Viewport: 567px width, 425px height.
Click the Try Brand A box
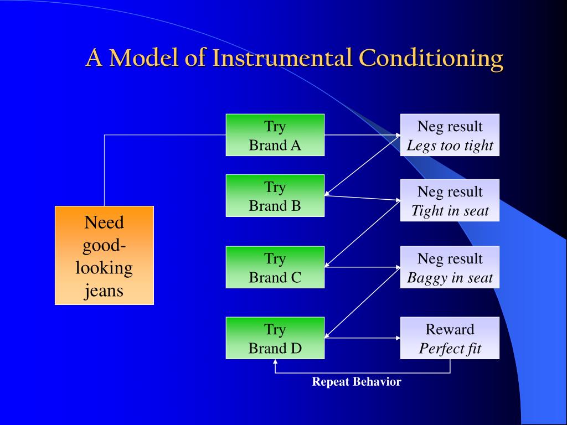(275, 135)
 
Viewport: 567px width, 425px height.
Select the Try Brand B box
(275, 195)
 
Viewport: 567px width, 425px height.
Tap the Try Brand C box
(275, 267)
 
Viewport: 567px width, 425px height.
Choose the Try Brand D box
(275, 338)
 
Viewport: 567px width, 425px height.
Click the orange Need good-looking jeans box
(104, 255)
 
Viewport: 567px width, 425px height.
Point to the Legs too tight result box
(450, 135)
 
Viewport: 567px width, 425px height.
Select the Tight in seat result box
(450, 200)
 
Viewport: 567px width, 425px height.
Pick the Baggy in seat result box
(450, 267)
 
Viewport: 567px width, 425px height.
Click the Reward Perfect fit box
(450, 338)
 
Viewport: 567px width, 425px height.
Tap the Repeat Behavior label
(357, 381)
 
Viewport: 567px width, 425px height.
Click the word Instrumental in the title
(282, 58)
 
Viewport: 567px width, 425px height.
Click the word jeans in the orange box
(104, 290)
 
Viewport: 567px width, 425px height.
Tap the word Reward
(450, 329)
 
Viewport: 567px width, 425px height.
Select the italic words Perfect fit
(450, 349)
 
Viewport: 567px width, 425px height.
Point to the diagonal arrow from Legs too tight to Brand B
(362, 165)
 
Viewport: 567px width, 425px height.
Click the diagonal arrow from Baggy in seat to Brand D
(362, 302)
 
